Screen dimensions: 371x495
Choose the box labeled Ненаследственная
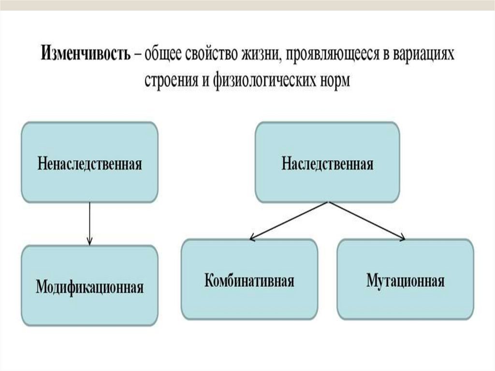(x=89, y=162)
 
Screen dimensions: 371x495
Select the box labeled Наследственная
(x=327, y=162)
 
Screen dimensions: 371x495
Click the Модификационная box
(x=89, y=285)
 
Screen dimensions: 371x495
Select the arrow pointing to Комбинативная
(x=290, y=220)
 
